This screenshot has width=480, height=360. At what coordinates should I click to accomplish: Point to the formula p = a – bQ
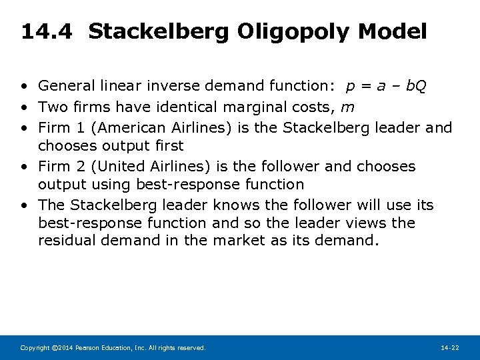[387, 86]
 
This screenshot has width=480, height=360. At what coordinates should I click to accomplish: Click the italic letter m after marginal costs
[347, 107]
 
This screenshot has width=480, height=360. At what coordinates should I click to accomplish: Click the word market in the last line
[239, 241]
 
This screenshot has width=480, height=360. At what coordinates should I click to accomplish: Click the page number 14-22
[450, 348]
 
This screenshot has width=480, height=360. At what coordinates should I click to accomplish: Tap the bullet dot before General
[23, 87]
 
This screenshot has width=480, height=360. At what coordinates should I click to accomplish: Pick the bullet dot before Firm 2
[23, 167]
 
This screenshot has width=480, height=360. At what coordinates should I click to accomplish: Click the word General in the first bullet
[65, 86]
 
